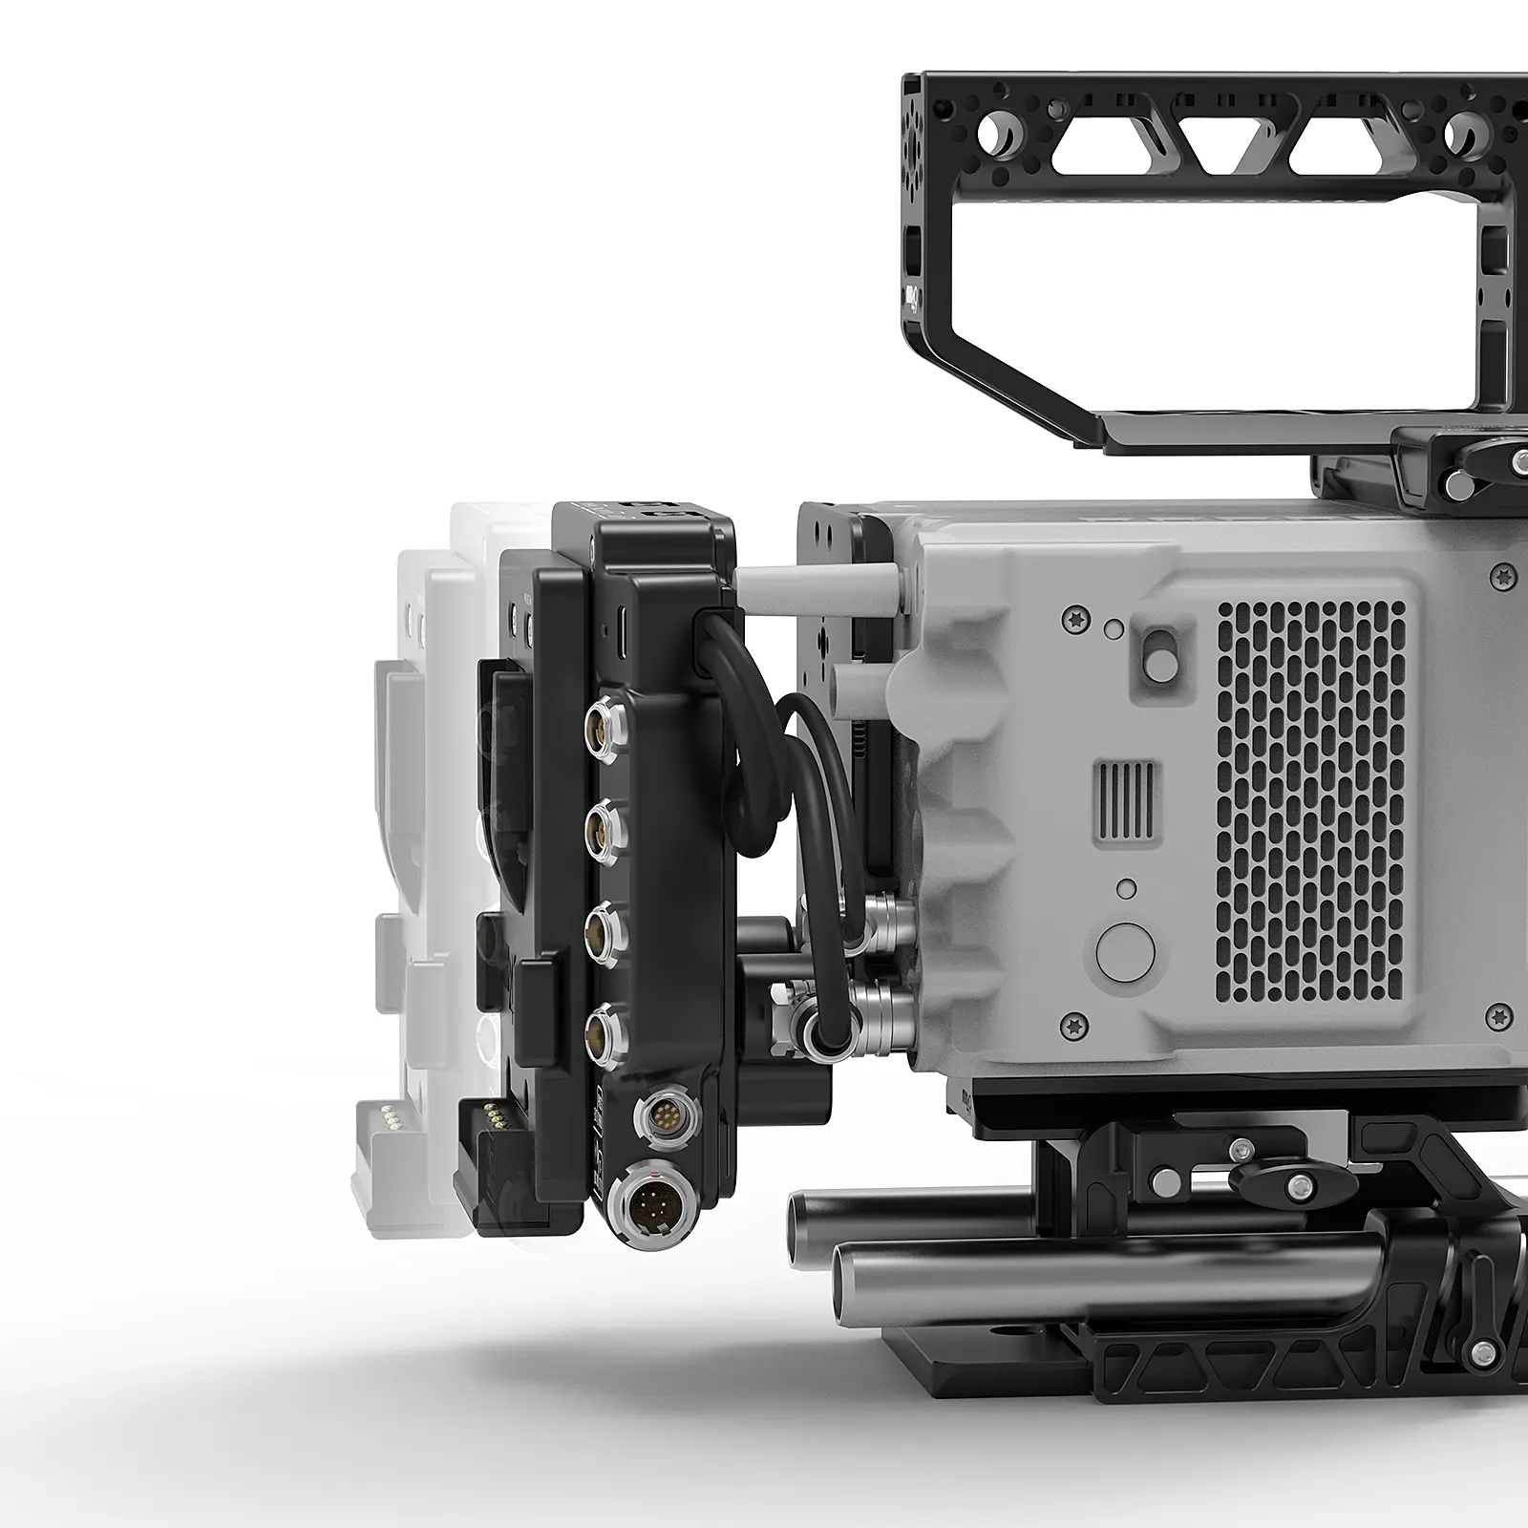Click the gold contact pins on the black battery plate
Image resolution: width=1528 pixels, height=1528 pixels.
(x=491, y=1114)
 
